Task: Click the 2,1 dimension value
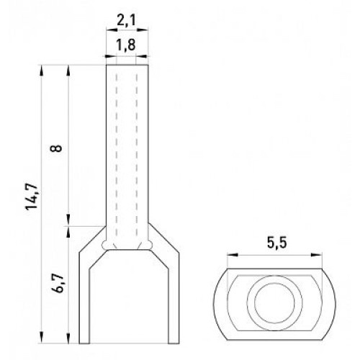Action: pyautogui.click(x=127, y=21)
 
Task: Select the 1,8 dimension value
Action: pyautogui.click(x=126, y=45)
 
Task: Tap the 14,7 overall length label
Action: pyautogui.click(x=32, y=197)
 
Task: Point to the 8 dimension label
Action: pyautogui.click(x=56, y=148)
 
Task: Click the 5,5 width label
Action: pyautogui.click(x=276, y=243)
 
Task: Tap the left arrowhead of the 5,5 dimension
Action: pyautogui.click(x=233, y=255)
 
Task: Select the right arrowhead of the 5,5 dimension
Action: pyautogui.click(x=316, y=255)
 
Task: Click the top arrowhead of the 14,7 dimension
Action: pyautogui.click(x=42, y=71)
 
